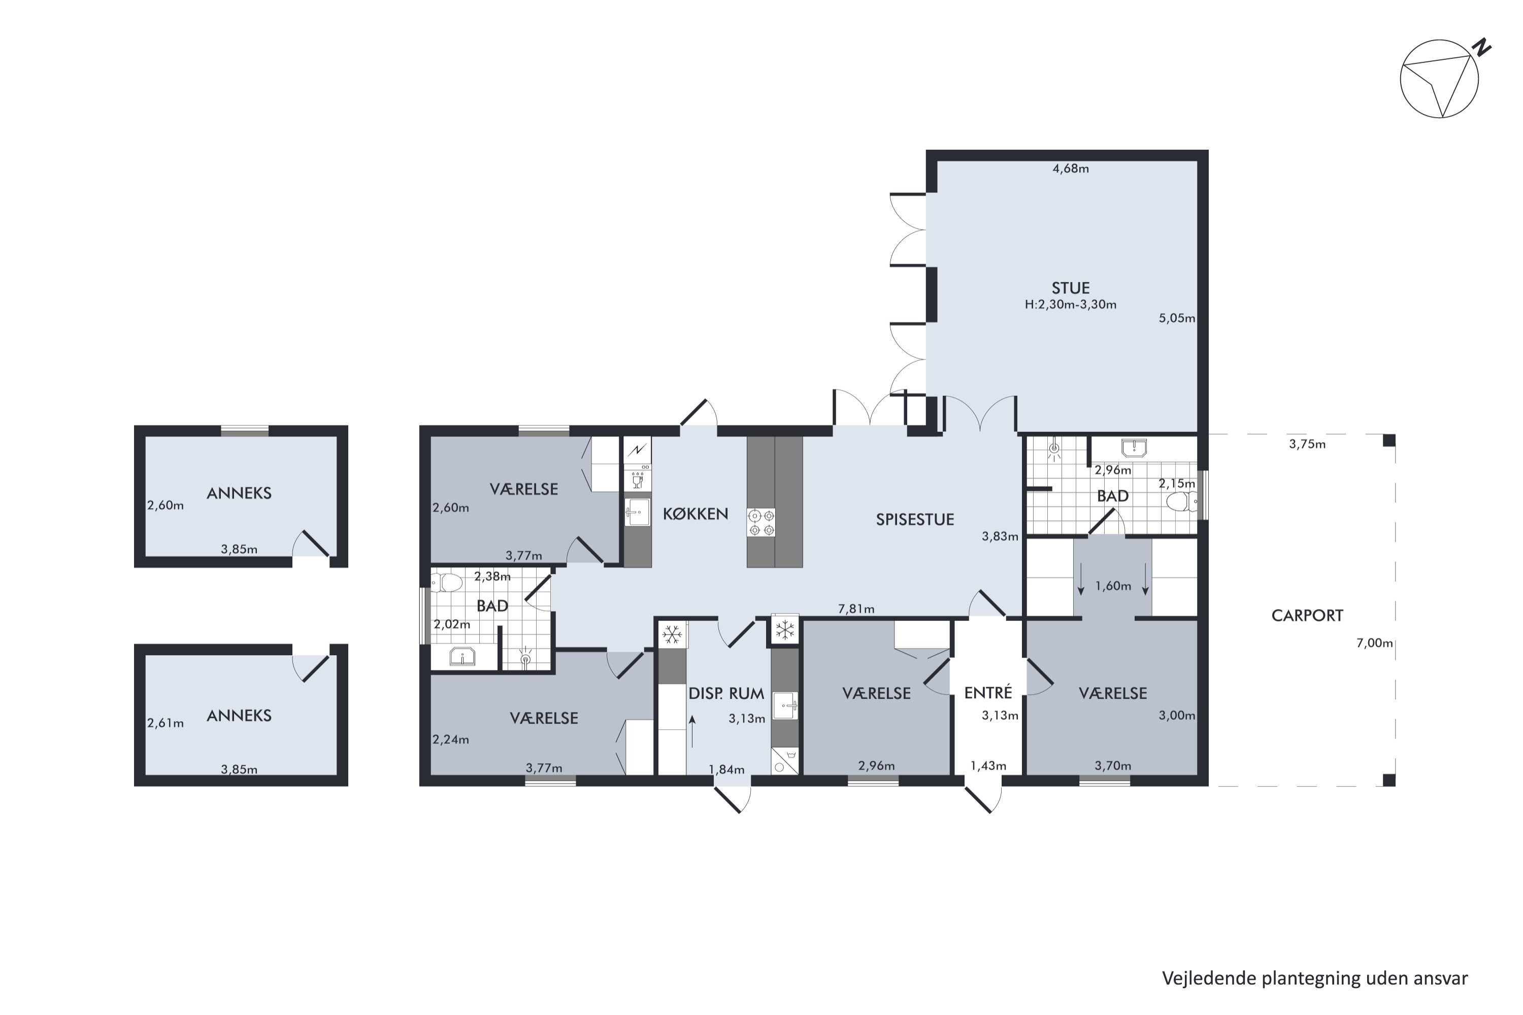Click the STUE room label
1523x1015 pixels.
1070,288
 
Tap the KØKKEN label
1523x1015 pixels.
696,514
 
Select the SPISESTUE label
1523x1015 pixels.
915,520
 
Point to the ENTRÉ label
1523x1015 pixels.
988,692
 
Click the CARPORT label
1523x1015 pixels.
1307,616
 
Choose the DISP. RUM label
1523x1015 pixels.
726,694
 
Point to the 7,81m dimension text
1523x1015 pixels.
856,608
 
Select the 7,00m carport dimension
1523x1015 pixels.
1375,643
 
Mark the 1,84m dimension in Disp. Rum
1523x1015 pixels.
726,770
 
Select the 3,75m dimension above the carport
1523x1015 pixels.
1307,444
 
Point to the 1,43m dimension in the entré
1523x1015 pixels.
988,766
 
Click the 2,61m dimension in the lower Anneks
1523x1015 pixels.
166,723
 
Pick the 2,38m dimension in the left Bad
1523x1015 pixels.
492,576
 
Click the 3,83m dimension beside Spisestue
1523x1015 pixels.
1000,536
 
